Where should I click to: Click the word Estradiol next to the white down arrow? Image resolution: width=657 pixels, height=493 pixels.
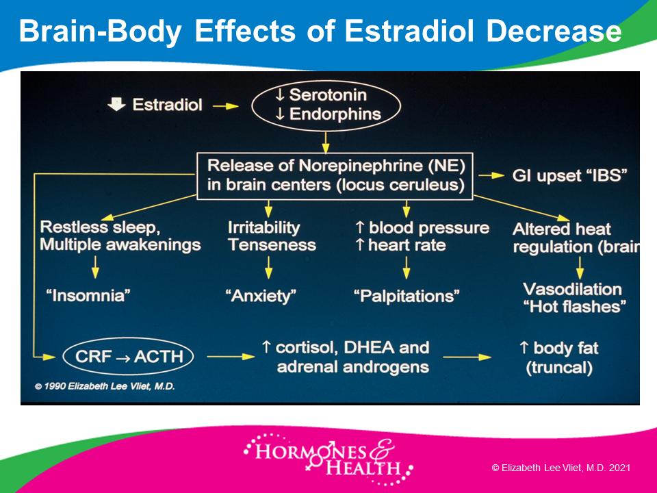tap(167, 105)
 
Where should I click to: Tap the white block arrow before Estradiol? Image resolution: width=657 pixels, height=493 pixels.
tap(116, 104)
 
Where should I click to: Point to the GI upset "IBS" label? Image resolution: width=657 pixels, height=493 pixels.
tap(569, 176)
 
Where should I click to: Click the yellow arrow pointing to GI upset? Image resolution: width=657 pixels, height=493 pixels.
tap(491, 176)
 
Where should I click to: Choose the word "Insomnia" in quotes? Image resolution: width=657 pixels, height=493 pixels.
tap(88, 296)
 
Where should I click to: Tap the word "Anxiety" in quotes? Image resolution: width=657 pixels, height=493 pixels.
tap(261, 296)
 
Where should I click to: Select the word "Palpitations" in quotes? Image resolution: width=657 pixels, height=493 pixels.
tap(407, 296)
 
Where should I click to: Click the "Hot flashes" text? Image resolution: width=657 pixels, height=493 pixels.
tap(574, 307)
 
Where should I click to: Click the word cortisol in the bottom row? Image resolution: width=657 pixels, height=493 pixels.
tap(307, 348)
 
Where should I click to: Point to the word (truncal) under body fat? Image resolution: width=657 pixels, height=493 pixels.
tap(559, 368)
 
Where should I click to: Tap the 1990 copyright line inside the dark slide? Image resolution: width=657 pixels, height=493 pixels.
tap(104, 386)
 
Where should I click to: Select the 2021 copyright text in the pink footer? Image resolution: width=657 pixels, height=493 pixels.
tap(561, 468)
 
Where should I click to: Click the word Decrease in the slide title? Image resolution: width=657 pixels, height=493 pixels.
tap(554, 31)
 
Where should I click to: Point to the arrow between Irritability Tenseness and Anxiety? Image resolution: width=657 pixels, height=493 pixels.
tap(269, 267)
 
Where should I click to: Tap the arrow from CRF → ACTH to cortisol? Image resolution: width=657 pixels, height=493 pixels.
tap(231, 357)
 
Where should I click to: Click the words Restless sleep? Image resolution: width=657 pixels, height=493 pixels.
tap(100, 227)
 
